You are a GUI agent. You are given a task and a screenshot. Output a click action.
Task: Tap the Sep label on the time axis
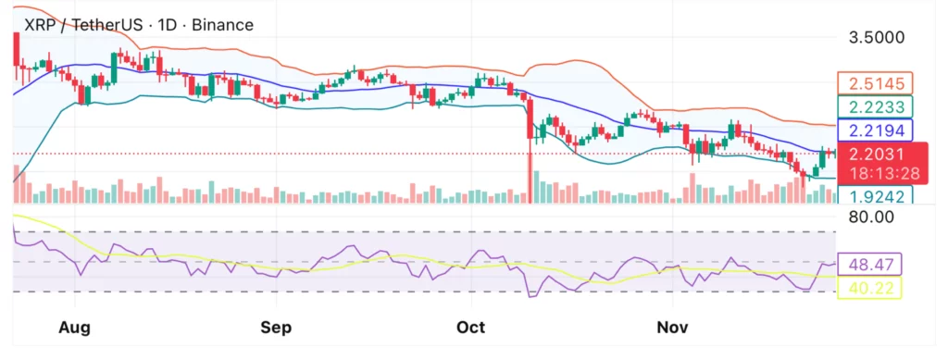276,328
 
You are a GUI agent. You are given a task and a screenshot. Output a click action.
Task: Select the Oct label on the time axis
471,328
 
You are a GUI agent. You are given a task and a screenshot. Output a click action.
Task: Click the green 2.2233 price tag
875,107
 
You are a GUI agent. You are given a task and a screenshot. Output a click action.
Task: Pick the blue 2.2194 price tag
875,130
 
